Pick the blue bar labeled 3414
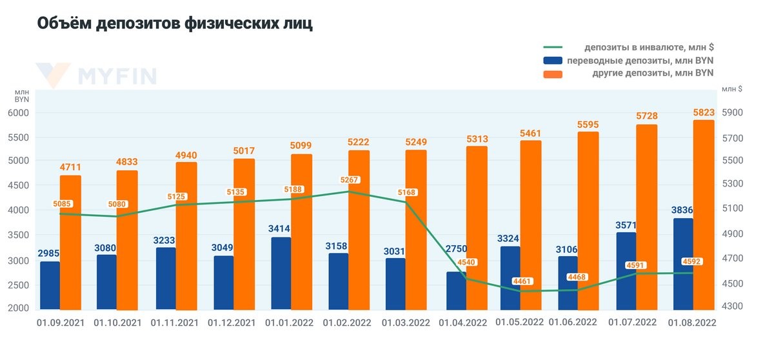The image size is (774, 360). (x=281, y=274)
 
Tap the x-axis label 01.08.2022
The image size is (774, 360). (x=692, y=321)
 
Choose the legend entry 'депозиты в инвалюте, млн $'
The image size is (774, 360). (x=649, y=47)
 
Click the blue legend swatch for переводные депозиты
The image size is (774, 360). (x=553, y=61)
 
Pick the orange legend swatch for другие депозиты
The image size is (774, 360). (x=553, y=74)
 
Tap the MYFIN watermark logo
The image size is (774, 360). (x=97, y=75)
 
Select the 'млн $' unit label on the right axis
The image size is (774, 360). (x=731, y=89)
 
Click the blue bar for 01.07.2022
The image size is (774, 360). (x=626, y=270)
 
